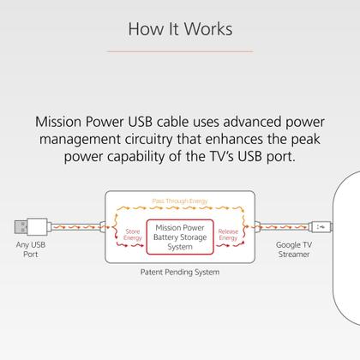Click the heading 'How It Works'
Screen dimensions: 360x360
tap(179, 29)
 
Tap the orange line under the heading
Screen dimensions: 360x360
tap(179, 51)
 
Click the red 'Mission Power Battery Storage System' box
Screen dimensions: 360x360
tap(179, 235)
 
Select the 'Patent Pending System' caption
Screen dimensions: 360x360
tap(179, 273)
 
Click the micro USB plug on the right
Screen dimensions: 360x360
tap(320, 227)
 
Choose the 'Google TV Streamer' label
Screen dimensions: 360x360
tap(293, 249)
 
